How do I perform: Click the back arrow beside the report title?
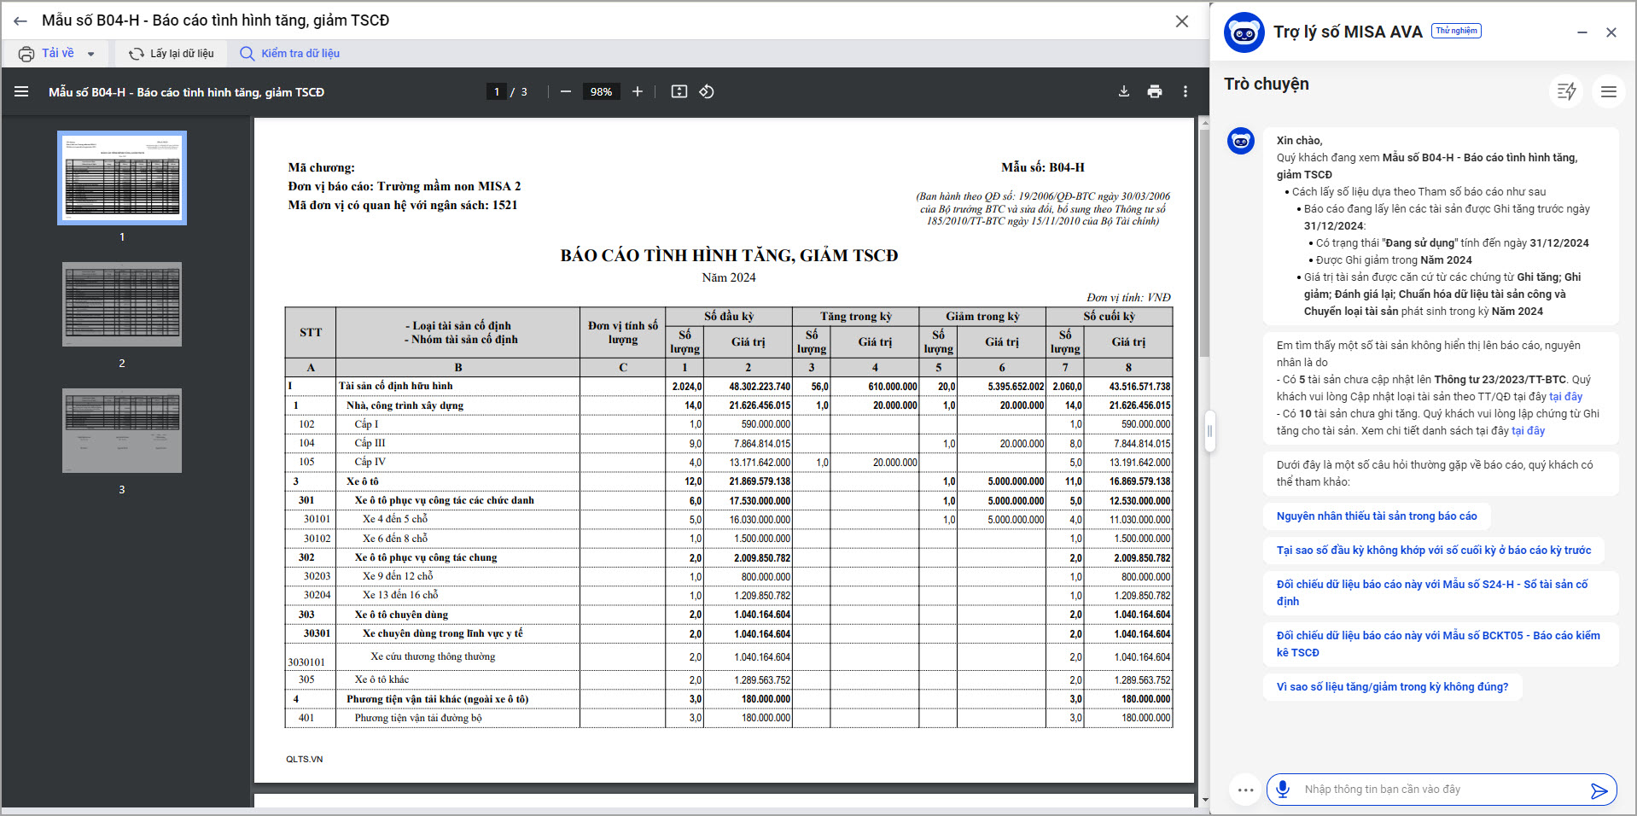20,20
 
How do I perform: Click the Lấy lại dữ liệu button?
172,54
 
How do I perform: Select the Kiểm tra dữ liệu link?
290,54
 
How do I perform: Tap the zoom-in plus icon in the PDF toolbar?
638,91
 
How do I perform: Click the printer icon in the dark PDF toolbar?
1155,91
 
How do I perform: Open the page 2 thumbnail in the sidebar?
122,304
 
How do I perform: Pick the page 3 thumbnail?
122,430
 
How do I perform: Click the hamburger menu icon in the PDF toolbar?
21,91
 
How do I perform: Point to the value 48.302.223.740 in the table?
760,387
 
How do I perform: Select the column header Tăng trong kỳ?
855,317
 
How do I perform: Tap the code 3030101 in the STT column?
306,662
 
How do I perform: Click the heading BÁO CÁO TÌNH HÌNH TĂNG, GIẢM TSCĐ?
729,255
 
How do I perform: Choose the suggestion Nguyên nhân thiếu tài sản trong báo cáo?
1376,516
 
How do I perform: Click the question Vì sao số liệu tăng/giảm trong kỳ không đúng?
1392,687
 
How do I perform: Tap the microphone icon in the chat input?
1283,790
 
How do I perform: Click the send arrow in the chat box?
1599,790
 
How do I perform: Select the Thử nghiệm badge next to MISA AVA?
1456,31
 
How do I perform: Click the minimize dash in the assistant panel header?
1582,32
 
